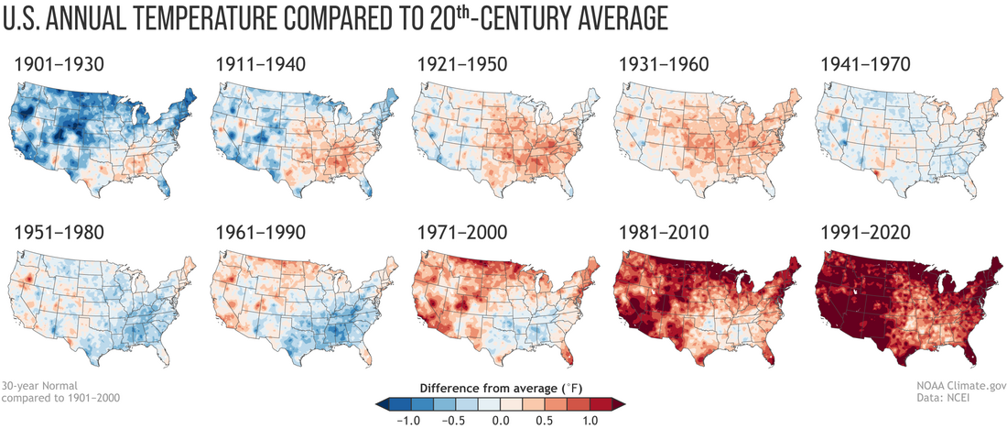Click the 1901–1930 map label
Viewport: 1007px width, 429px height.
click(59, 66)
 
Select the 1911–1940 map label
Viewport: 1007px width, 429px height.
click(260, 66)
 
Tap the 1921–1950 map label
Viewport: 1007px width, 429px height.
click(462, 66)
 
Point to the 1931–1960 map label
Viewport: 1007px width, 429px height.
click(664, 66)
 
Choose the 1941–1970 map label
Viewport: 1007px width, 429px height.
click(866, 66)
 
